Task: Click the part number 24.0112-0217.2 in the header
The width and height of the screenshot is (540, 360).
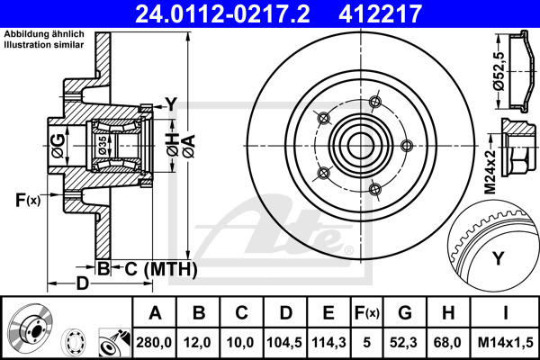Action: tap(223, 13)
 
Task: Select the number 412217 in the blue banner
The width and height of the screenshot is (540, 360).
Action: tap(380, 13)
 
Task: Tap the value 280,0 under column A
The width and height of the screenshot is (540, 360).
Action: tap(154, 342)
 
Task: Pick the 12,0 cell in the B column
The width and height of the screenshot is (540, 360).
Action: tap(197, 342)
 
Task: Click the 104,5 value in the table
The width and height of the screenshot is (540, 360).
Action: tap(284, 342)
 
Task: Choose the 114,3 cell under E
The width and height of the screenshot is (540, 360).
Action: tap(328, 342)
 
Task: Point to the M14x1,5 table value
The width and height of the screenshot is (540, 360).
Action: tap(505, 342)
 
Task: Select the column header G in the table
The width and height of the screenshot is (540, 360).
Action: tap(405, 313)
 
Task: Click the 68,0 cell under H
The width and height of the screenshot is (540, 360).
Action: tap(447, 342)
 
